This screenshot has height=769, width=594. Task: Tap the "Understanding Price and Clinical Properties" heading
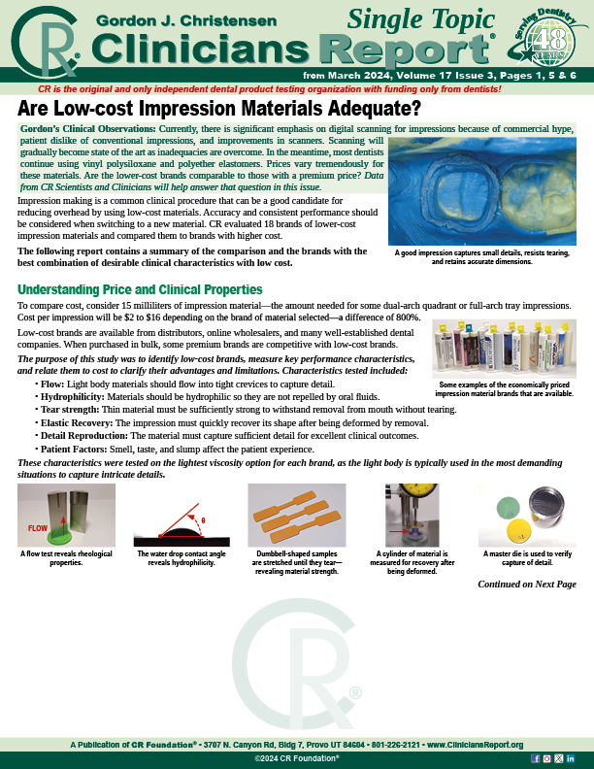[140, 289]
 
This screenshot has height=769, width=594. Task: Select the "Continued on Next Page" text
[527, 584]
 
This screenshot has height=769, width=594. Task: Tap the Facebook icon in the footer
[536, 757]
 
